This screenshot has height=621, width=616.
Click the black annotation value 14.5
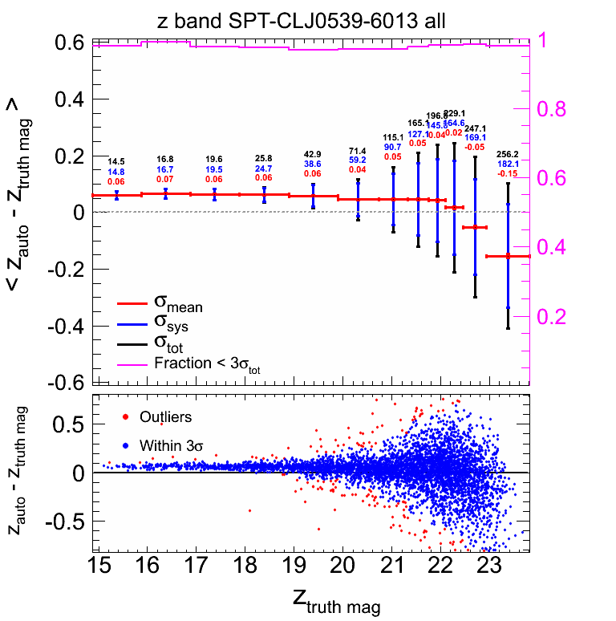click(117, 161)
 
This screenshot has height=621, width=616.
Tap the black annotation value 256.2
click(508, 154)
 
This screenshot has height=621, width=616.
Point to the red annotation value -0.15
click(508, 173)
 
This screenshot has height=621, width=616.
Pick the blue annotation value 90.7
click(393, 148)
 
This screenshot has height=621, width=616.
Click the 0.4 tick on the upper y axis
click(69, 99)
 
